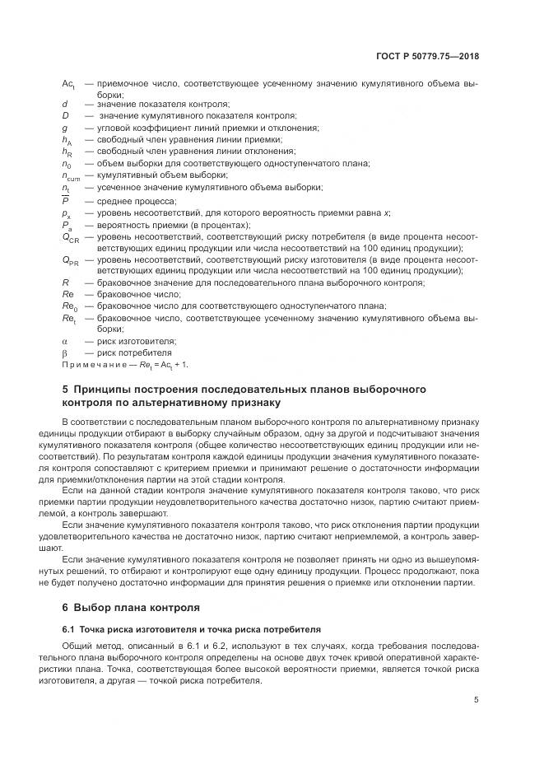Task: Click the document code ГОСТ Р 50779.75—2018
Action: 427,57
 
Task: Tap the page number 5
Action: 477,701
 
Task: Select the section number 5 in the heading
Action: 66,389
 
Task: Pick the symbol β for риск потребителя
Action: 64,352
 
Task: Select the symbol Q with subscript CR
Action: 70,237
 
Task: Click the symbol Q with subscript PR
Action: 70,260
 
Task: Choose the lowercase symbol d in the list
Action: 64,105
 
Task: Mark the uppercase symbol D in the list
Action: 65,116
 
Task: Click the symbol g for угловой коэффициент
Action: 64,128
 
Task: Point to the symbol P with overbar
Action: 65,200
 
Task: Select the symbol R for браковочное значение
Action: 65,282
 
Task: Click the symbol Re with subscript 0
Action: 68,306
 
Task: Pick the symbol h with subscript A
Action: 67,141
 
